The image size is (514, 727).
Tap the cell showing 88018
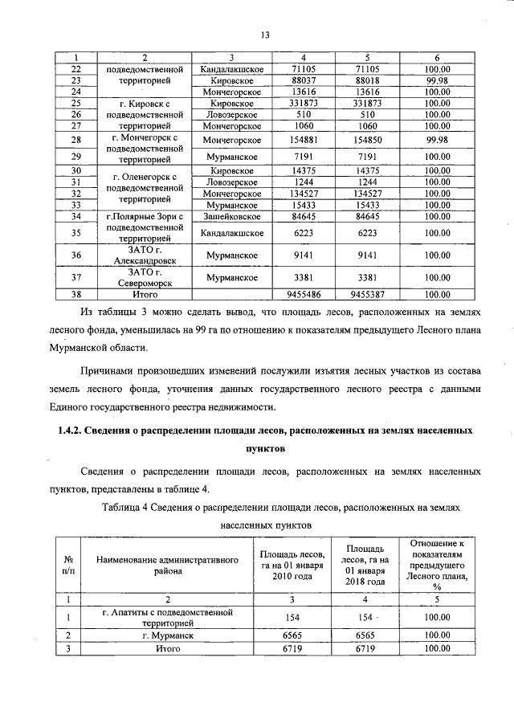367,81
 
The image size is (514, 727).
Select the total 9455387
367,295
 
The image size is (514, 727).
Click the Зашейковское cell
231,216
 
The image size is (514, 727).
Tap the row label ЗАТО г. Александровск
145,255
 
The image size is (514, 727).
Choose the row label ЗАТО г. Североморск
145,278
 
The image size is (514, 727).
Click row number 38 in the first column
76,295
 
